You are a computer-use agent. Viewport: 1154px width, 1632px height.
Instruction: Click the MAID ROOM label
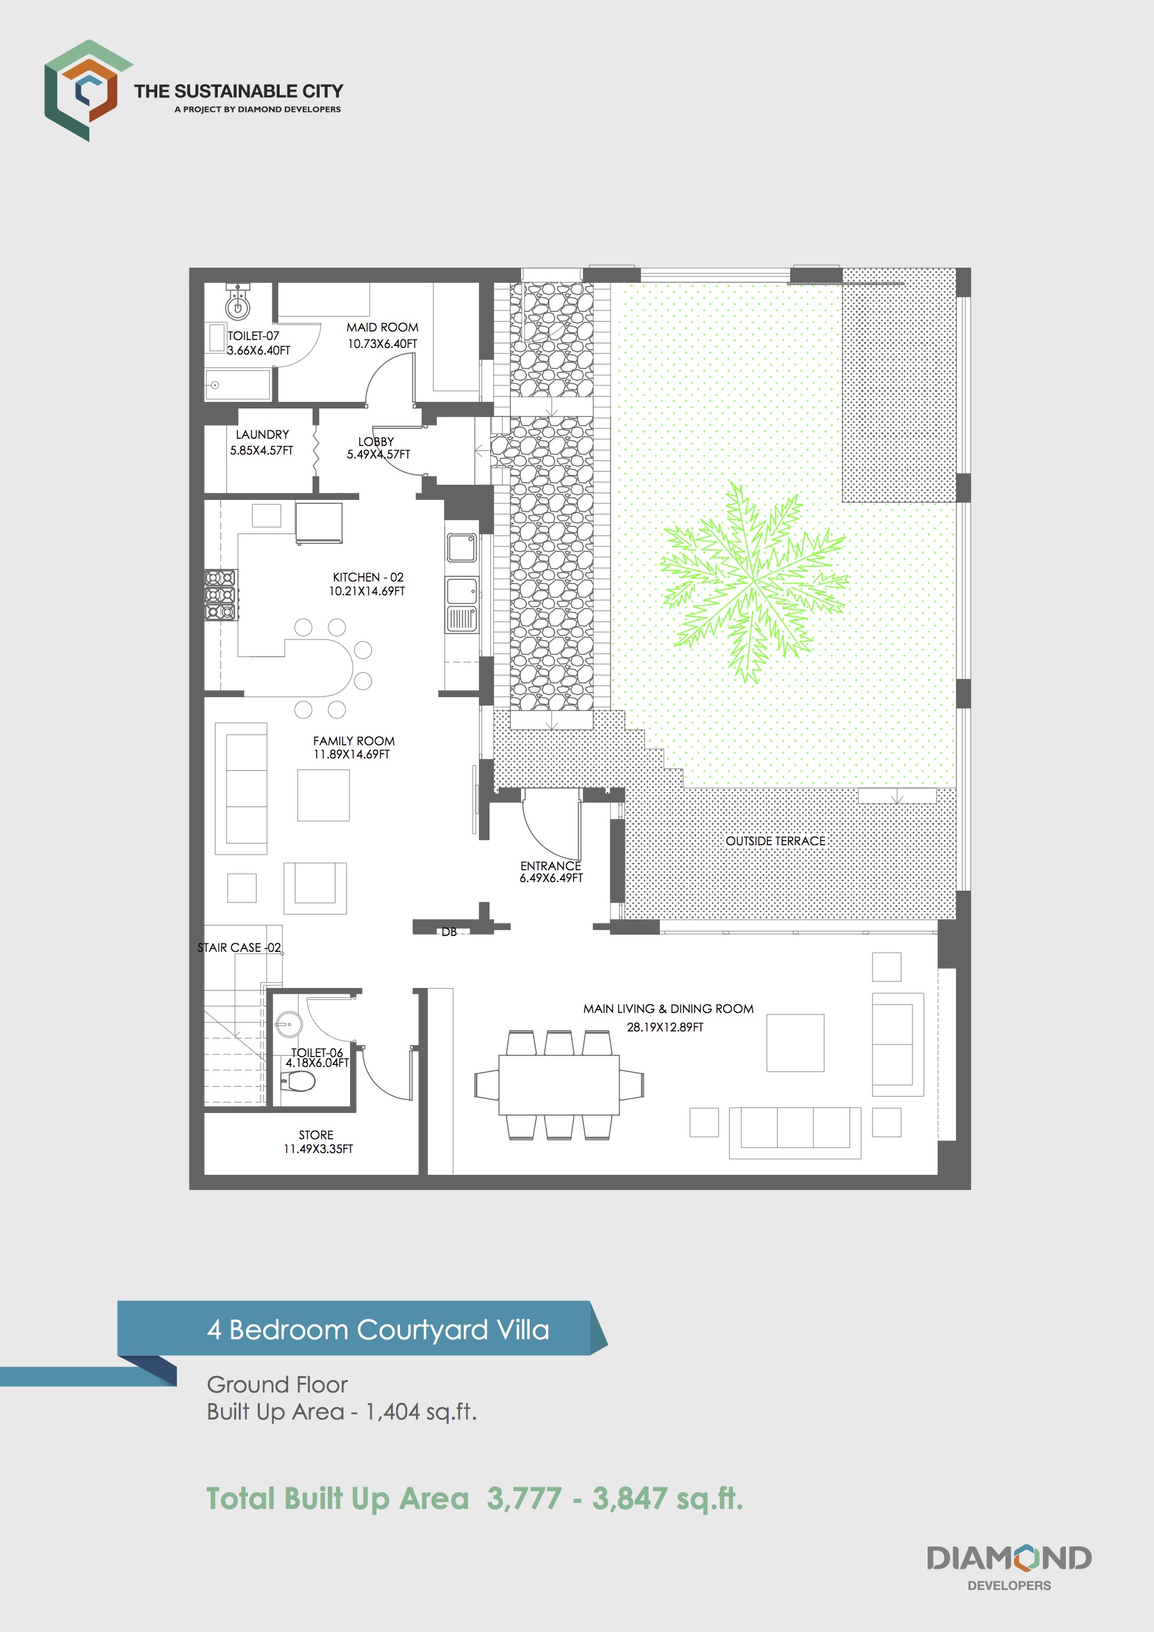[x=382, y=328]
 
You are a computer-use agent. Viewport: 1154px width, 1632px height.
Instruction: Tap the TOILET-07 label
[x=253, y=335]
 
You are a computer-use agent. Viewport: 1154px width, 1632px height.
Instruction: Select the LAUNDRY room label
[x=263, y=434]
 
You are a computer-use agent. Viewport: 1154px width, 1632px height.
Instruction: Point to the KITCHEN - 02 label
[x=368, y=577]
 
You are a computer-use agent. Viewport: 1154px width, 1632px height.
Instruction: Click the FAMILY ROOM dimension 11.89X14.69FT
[x=351, y=754]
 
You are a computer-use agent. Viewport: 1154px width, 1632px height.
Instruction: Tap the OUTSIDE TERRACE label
[x=775, y=841]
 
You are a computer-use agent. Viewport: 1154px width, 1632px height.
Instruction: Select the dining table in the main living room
[x=559, y=1085]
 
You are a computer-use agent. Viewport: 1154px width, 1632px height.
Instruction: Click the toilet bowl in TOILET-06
[x=300, y=1082]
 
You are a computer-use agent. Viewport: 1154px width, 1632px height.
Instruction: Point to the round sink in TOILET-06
[x=288, y=1024]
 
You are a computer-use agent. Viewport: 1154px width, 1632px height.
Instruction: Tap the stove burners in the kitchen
[x=220, y=594]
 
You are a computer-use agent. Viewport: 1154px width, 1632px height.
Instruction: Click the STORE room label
[x=316, y=1135]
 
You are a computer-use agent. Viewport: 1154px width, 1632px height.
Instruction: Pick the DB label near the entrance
[x=449, y=932]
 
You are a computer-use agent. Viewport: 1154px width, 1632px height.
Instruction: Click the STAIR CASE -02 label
[x=239, y=947]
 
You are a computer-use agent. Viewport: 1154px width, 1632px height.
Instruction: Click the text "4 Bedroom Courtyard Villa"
[x=378, y=1330]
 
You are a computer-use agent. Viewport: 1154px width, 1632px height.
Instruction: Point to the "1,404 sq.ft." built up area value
[x=420, y=1412]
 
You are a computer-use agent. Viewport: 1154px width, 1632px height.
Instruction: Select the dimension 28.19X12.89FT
[x=665, y=1027]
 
